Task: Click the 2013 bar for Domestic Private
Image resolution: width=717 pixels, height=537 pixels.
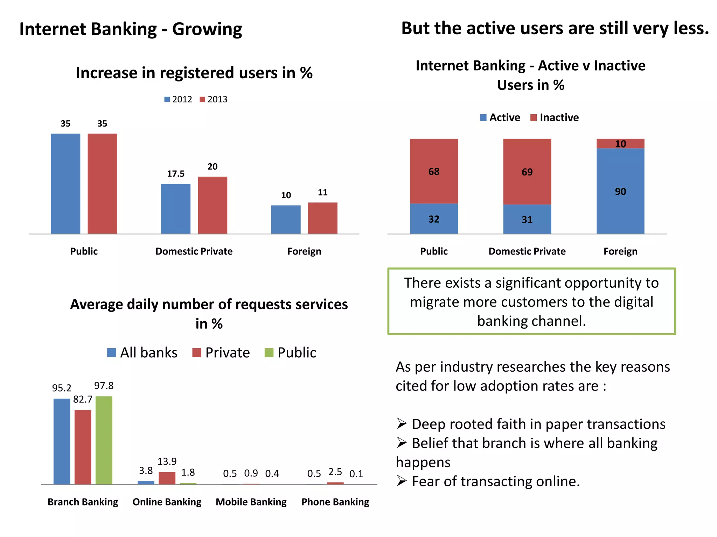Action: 212,205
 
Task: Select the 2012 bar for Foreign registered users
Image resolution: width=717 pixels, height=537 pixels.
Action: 286,220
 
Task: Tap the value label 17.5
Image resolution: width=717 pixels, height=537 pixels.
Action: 175,174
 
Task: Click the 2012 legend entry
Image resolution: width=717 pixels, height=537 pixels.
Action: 178,100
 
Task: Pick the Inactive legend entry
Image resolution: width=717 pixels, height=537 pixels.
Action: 555,117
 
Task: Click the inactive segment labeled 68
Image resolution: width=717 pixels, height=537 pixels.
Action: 434,171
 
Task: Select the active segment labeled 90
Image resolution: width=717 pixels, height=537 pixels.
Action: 620,191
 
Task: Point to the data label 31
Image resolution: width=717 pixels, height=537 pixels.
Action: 527,220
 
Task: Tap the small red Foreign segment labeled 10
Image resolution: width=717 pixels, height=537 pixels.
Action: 620,144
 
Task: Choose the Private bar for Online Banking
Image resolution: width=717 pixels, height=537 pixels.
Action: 167,478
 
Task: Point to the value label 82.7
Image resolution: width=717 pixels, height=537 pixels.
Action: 83,399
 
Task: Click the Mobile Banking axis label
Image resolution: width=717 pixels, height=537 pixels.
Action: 251,502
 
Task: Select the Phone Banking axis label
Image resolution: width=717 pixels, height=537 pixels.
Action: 335,502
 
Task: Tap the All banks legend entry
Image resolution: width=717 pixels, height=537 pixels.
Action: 142,352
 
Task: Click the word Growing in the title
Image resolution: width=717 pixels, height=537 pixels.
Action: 207,29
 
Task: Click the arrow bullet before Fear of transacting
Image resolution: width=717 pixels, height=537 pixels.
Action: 402,481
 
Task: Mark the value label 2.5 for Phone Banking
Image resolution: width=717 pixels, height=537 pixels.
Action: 335,472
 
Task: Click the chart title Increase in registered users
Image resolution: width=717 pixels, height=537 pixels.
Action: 194,73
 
